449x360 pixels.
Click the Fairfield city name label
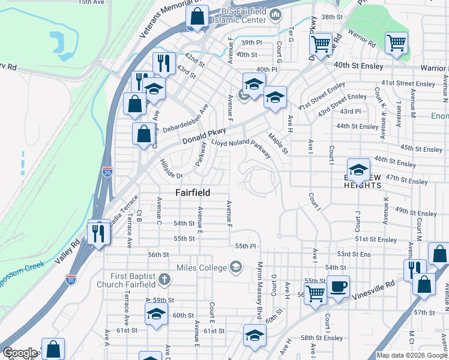[x=193, y=193]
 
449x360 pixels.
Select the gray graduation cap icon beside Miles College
[x=236, y=267]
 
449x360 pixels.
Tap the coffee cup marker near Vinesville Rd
[x=338, y=287]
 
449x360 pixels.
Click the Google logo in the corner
[x=20, y=353]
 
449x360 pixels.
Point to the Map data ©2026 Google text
[x=412, y=355]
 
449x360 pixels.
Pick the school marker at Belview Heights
[x=358, y=170]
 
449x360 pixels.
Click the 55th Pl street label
[x=246, y=246]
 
